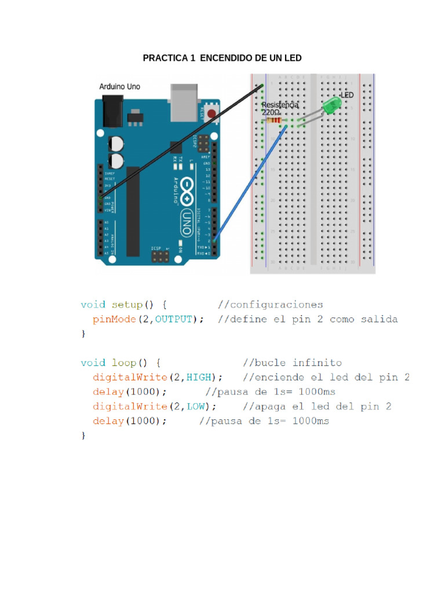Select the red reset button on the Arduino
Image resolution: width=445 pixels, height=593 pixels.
[x=212, y=113]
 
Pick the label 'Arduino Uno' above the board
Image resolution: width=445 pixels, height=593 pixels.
[x=119, y=87]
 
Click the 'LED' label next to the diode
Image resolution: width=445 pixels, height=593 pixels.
[x=347, y=94]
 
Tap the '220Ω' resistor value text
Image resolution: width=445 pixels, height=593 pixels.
[x=271, y=112]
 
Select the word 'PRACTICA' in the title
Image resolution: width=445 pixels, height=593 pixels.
[x=163, y=58]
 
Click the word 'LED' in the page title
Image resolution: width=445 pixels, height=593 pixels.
[x=293, y=58]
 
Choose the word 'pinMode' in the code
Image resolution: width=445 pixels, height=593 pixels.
[x=113, y=319]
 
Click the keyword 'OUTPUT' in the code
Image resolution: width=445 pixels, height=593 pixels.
[x=173, y=319]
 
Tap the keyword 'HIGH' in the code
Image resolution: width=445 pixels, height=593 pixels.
[x=198, y=377]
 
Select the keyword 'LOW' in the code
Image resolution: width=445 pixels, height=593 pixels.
[x=195, y=406]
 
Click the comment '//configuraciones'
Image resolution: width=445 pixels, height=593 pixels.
[x=270, y=305]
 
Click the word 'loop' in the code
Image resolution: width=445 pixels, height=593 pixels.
[x=125, y=363]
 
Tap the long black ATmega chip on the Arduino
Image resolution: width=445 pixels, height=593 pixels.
[x=133, y=211]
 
